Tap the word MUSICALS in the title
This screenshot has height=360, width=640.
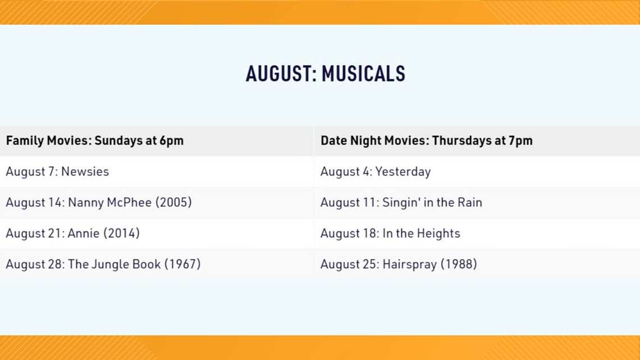[x=363, y=74]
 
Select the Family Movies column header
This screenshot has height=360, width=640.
[x=95, y=141]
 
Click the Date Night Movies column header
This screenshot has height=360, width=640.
[x=427, y=141]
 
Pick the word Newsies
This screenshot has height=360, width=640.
[x=85, y=171]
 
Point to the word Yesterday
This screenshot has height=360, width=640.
[x=403, y=172]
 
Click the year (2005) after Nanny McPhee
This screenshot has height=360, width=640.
[x=173, y=202]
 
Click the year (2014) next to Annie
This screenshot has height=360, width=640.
[x=121, y=234]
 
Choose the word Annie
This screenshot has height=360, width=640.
[x=83, y=234]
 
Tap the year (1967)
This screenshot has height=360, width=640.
[x=182, y=265]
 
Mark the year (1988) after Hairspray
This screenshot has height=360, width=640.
[x=459, y=265]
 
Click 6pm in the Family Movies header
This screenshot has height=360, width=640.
[x=171, y=141]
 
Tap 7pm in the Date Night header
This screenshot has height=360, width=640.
[x=520, y=141]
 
